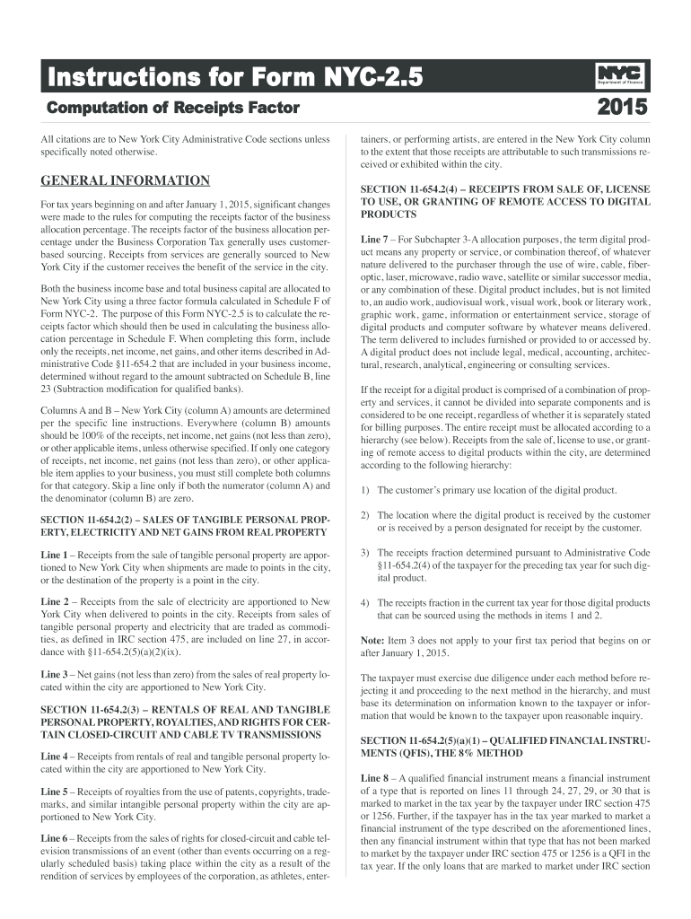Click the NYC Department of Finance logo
619,76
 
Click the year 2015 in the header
620,109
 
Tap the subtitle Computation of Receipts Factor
171,109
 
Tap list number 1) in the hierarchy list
365,490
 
